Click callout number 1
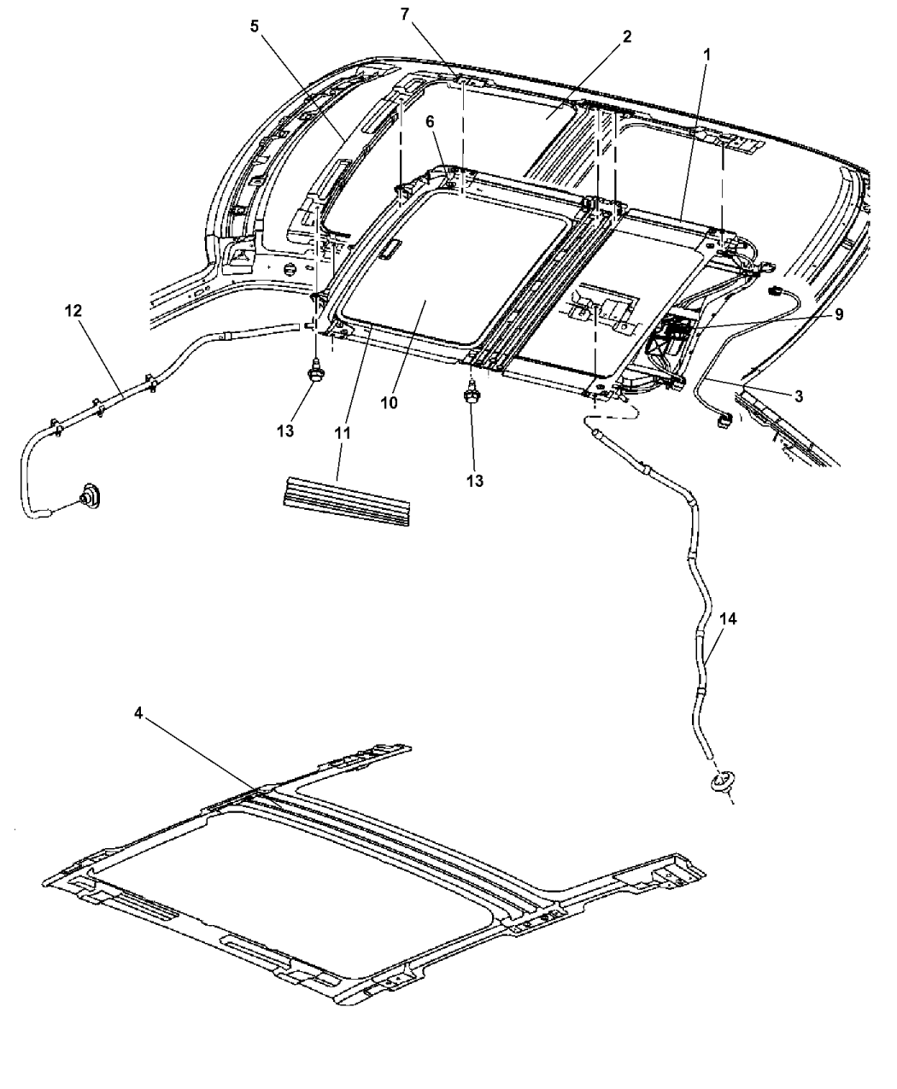click(707, 54)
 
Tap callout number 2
click(627, 36)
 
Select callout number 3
click(799, 395)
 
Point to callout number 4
click(138, 713)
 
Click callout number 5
click(254, 26)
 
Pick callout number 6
click(430, 121)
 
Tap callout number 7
click(405, 14)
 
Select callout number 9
click(839, 314)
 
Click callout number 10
click(390, 402)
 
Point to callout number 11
click(343, 433)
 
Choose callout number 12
click(73, 311)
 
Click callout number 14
click(728, 619)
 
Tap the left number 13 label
click(285, 430)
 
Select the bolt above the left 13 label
click(315, 371)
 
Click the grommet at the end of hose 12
click(90, 496)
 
